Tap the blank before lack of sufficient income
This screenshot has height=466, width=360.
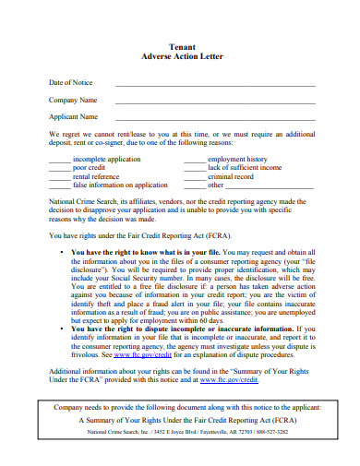point(194,169)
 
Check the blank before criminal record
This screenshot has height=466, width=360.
point(194,177)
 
